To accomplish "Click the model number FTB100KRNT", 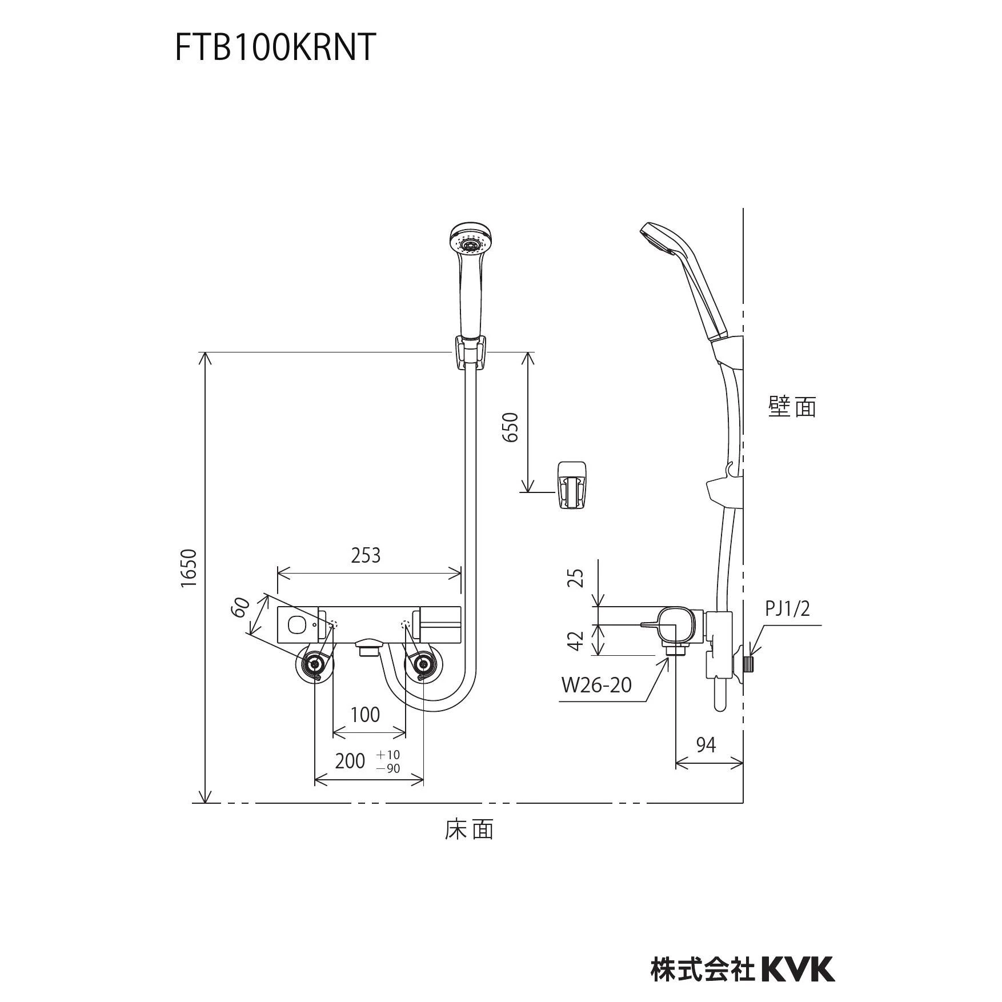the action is click(275, 47).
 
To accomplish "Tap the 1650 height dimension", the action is click(189, 568).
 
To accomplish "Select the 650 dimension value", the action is click(510, 427).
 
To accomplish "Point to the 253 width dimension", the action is click(366, 555).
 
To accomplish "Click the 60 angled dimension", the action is click(241, 607).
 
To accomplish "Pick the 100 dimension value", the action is click(365, 715).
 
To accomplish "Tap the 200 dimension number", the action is click(350, 761).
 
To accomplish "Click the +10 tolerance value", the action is click(388, 755).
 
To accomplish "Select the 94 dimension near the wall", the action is click(706, 745).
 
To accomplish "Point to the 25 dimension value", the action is click(578, 578).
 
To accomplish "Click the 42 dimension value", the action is click(578, 640).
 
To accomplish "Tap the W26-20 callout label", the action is click(596, 684).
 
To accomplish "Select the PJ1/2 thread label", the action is click(788, 609).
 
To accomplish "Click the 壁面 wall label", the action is click(792, 407).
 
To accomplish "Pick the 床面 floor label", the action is click(469, 829).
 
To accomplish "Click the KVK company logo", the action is click(799, 953).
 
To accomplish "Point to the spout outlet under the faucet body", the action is click(368, 648).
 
